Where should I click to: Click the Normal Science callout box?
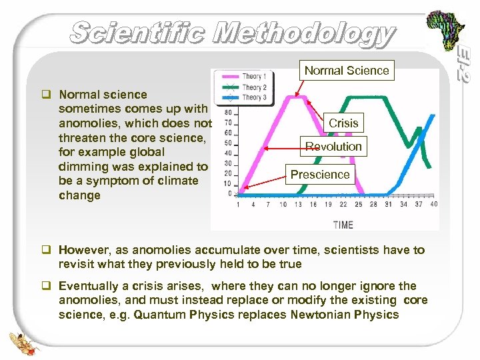pyautogui.click(x=346, y=70)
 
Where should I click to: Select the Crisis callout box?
pyautogui.click(x=343, y=123)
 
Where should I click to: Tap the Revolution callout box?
pyautogui.click(x=333, y=147)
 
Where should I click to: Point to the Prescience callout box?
pyautogui.click(x=320, y=175)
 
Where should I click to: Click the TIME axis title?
pyautogui.click(x=343, y=225)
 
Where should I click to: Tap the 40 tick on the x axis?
pyautogui.click(x=434, y=204)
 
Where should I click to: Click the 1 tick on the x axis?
pyautogui.click(x=239, y=204)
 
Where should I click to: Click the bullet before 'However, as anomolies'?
pyautogui.click(x=49, y=250)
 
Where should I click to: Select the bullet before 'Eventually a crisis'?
pyautogui.click(x=49, y=286)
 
